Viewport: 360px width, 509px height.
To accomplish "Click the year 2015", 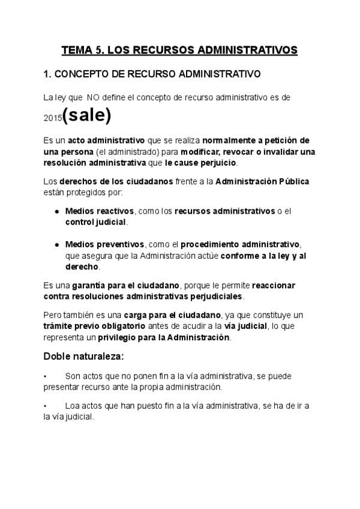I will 52,119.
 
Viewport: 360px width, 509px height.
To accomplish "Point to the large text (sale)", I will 86,115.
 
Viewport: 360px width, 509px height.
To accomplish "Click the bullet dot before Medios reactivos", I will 56,212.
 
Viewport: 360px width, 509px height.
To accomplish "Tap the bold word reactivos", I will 116,211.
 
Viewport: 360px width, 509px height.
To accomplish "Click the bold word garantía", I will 92,285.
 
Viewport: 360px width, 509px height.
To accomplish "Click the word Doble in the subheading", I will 58,357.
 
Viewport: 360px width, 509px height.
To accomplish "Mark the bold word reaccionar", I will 274,285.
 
